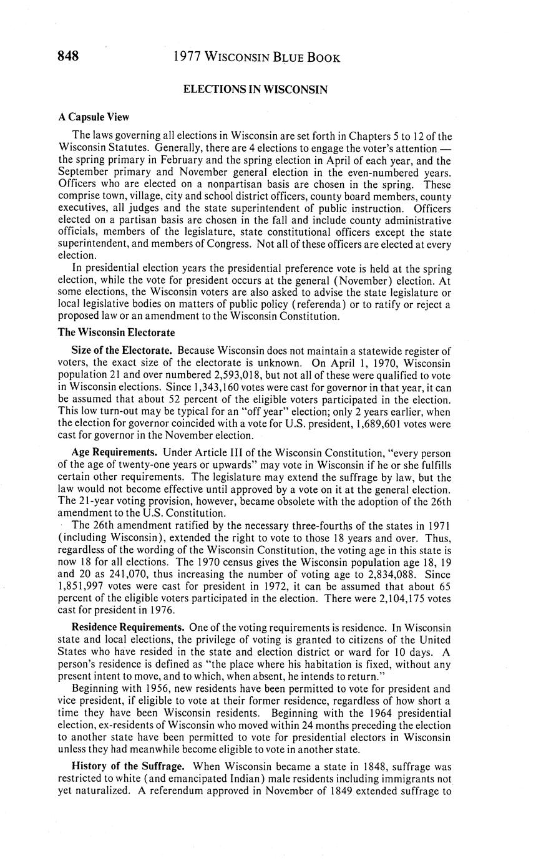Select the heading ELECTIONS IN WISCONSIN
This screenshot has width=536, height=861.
click(255, 90)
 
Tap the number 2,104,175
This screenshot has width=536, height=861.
click(396, 599)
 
